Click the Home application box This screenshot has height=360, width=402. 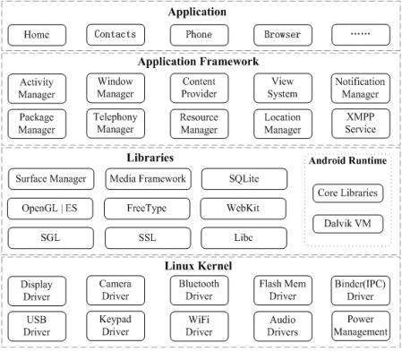pyautogui.click(x=37, y=35)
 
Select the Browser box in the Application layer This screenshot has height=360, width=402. pyautogui.click(x=283, y=35)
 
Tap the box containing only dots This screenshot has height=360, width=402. pyautogui.click(x=361, y=35)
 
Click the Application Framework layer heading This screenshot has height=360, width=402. pyautogui.click(x=198, y=62)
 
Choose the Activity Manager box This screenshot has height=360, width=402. pyautogui.click(x=37, y=89)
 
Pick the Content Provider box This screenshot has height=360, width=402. pyautogui.click(x=200, y=88)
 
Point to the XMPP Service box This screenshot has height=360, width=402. pyautogui.click(x=361, y=124)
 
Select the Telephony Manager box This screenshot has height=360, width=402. pyautogui.click(x=115, y=124)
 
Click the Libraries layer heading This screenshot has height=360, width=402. pyautogui.click(x=150, y=158)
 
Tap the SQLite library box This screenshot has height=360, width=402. pyautogui.click(x=244, y=179)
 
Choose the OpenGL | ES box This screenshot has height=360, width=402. pyautogui.click(x=50, y=209)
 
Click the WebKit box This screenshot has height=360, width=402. pyautogui.click(x=244, y=209)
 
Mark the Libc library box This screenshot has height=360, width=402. pyautogui.click(x=244, y=238)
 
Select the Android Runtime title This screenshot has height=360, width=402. pyautogui.click(x=347, y=160)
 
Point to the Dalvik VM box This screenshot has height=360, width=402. pyautogui.click(x=348, y=224)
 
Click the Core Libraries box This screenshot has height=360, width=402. pyautogui.click(x=348, y=193)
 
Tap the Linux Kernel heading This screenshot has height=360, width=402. pyautogui.click(x=198, y=266)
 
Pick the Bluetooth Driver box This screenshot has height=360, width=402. pyautogui.click(x=200, y=290)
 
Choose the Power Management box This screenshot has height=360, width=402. pyautogui.click(x=361, y=326)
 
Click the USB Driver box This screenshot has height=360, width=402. pyautogui.click(x=37, y=326)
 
